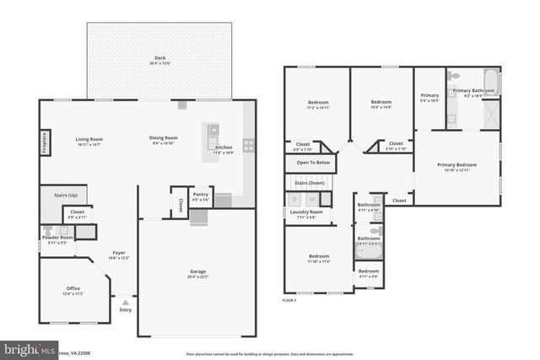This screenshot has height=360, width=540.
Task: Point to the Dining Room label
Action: click(164, 138)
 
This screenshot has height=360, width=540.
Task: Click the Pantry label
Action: click(200, 195)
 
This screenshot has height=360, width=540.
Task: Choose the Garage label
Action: click(198, 271)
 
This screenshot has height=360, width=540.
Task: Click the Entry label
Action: click(126, 310)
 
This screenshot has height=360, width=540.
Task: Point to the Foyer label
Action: click(119, 253)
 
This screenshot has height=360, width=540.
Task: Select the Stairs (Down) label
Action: click(309, 182)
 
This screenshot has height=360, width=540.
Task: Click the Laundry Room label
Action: click(306, 212)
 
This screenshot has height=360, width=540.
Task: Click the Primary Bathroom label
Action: click(473, 90)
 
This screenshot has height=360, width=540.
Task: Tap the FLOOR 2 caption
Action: click(289, 300)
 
